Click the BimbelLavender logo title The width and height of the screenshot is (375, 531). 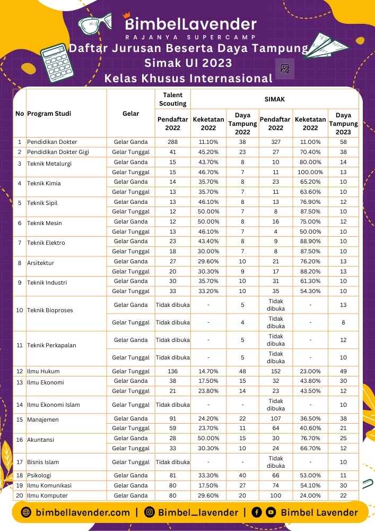coord(190,24)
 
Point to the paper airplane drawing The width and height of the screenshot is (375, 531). coord(326,46)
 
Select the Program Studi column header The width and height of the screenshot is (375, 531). coord(49,114)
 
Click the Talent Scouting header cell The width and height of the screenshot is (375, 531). coord(172,99)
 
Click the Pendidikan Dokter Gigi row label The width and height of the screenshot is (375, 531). coord(58,152)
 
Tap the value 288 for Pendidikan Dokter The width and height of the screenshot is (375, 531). coord(172,142)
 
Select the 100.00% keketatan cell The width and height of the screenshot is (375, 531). coord(310,172)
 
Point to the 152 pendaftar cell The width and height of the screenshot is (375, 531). coord(276,371)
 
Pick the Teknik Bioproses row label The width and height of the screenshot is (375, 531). coord(50,310)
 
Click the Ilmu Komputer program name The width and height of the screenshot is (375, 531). coord(49,495)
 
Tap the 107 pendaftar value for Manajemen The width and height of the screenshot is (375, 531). coord(276,418)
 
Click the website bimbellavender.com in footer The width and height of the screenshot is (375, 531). coord(83,512)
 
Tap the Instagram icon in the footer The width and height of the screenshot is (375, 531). coord(150,512)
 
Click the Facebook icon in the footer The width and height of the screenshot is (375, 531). coord(257,512)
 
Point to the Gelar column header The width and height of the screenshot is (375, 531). coord(130,114)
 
